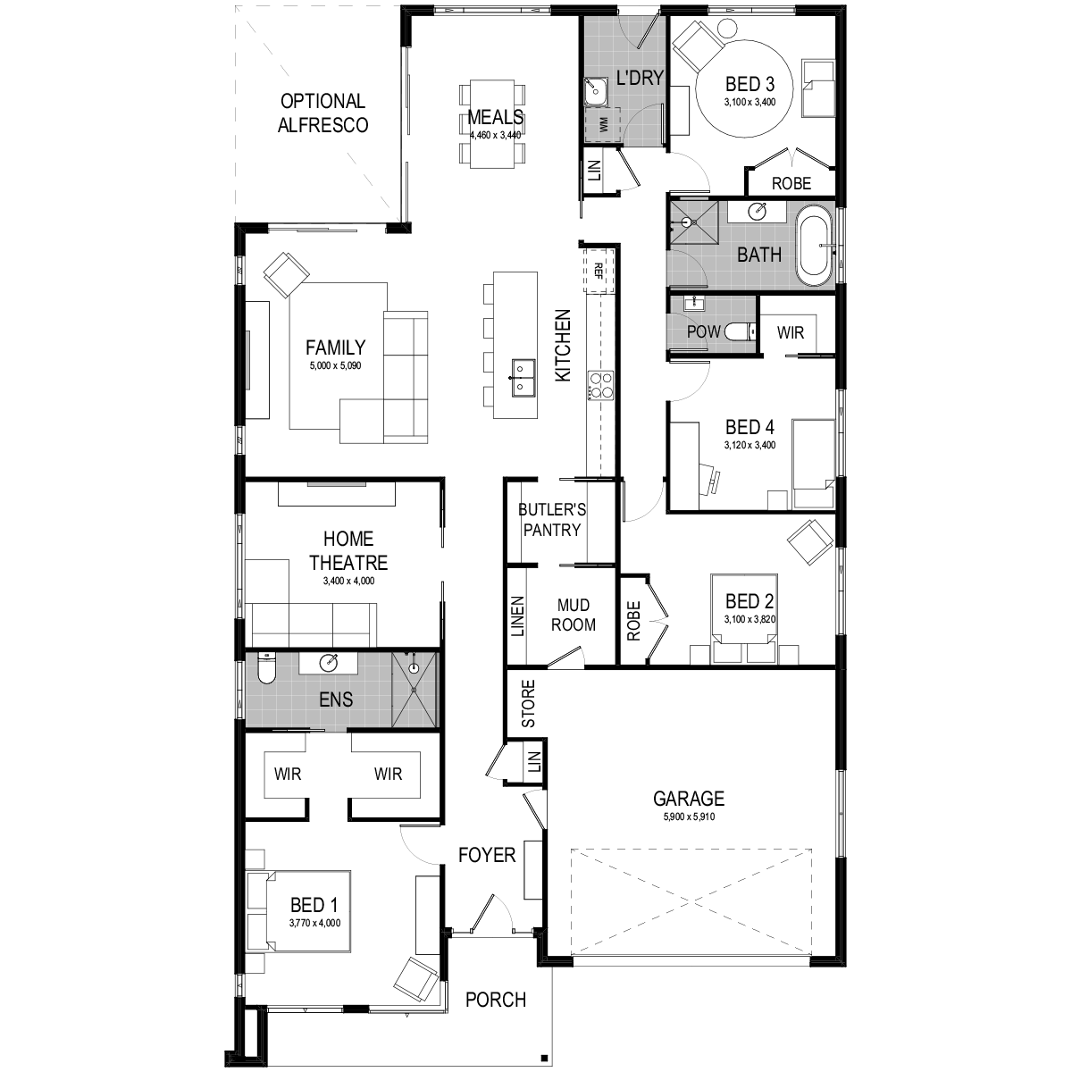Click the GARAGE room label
coord(688,799)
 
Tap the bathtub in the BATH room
coord(813,246)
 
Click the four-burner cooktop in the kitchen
coord(599,385)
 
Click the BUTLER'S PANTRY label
coord(552,520)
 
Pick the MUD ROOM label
coord(573,616)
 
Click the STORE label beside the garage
coord(528,704)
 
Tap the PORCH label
coord(496,1000)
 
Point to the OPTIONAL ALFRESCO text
coord(322,113)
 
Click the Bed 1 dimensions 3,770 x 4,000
coord(314,924)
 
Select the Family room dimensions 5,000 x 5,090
coord(335,366)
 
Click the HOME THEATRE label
coord(348,551)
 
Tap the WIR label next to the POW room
coord(790,333)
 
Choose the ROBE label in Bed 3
coord(791,183)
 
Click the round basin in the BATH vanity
coord(758,212)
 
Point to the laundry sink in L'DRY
coord(594,89)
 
